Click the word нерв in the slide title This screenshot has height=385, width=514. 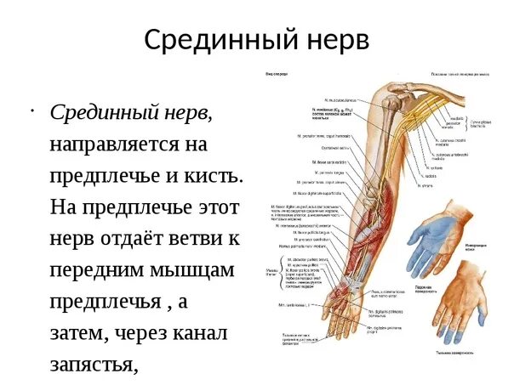(x=331, y=39)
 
